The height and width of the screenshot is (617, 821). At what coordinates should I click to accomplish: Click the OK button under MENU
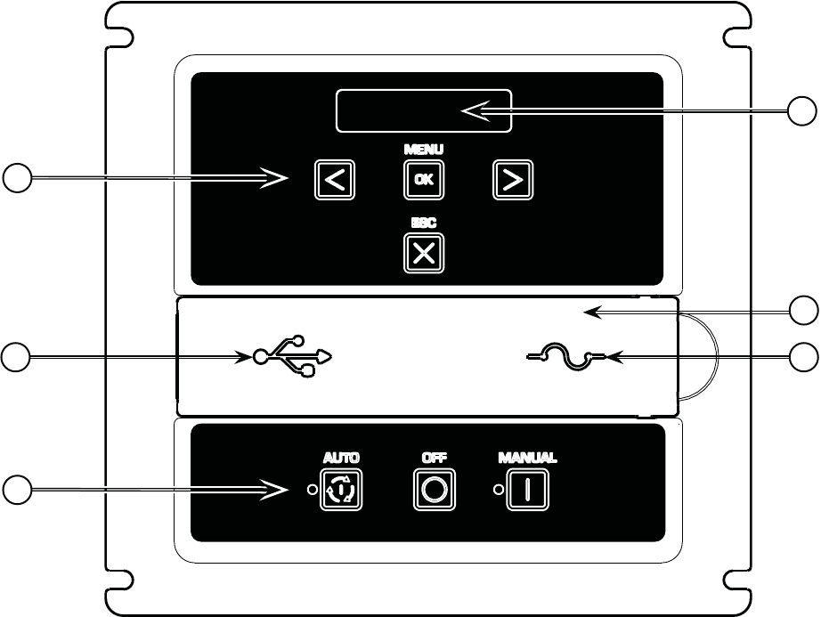click(x=424, y=179)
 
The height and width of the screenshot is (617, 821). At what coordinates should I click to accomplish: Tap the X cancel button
click(x=424, y=254)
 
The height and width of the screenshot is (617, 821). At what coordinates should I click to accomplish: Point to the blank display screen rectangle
click(x=424, y=111)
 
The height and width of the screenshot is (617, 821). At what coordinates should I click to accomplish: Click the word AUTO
click(x=342, y=458)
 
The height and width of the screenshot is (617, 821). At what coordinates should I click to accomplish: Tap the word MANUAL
click(x=526, y=458)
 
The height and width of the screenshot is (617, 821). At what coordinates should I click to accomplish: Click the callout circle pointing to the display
click(x=804, y=111)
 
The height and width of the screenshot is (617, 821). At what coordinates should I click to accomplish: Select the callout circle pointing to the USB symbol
click(x=15, y=356)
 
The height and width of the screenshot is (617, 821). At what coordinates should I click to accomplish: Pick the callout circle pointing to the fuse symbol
click(x=804, y=356)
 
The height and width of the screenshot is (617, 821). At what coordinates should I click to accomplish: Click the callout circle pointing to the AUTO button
click(x=15, y=489)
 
